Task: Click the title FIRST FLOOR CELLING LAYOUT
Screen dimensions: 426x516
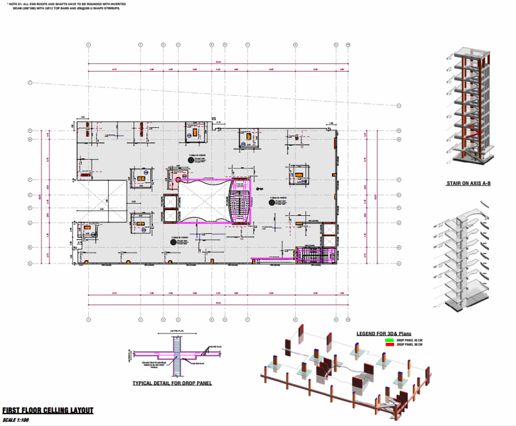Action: click(48, 410)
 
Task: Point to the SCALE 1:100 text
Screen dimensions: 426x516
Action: click(16, 420)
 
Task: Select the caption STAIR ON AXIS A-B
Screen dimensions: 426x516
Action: click(468, 184)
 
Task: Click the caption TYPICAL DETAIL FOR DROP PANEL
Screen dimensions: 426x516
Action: click(172, 383)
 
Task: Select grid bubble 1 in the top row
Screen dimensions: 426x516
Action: click(88, 45)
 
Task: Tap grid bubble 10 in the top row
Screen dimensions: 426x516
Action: click(348, 45)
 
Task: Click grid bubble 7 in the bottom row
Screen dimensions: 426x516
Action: click(247, 320)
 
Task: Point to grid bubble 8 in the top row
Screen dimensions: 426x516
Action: click(295, 45)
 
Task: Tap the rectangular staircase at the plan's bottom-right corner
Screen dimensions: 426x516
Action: click(315, 255)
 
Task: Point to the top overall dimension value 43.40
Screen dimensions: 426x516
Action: click(218, 63)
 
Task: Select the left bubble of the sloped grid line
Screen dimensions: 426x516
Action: click(30, 83)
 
